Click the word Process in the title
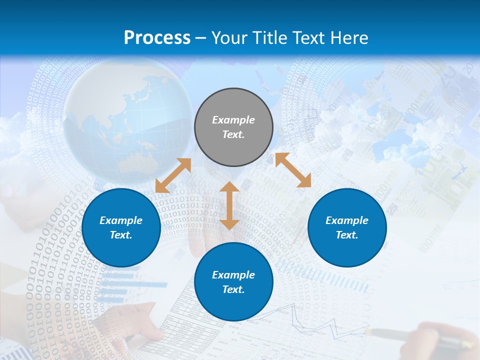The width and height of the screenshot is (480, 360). click(x=157, y=38)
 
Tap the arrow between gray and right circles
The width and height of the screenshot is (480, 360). click(x=293, y=170)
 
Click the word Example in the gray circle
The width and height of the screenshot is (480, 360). click(x=233, y=120)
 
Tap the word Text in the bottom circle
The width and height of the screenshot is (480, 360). click(x=233, y=289)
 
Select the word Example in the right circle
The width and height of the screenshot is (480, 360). click(x=347, y=220)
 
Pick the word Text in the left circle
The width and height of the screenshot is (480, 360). click(x=121, y=235)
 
